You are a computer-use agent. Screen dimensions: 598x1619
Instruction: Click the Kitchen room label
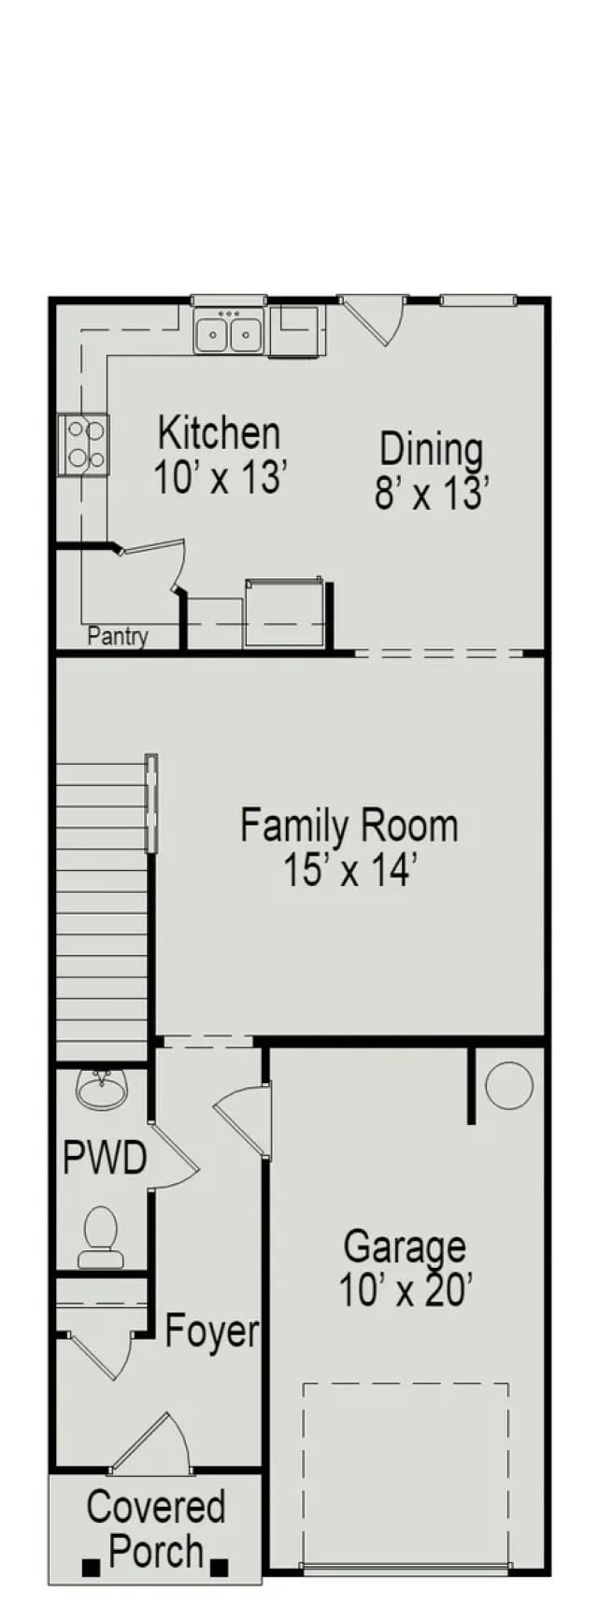(218, 457)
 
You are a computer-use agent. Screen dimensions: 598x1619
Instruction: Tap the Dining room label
(432, 472)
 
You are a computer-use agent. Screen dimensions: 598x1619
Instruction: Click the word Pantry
(118, 637)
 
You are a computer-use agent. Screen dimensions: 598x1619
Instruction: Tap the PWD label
(105, 1159)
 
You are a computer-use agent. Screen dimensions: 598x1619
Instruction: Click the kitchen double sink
(229, 331)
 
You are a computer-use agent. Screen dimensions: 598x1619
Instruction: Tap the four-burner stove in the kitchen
(83, 444)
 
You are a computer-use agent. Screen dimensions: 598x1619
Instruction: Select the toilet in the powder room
(100, 1237)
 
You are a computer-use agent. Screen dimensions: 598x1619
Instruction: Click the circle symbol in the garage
(510, 1086)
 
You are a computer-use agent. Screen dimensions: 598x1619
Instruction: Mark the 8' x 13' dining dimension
(432, 494)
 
